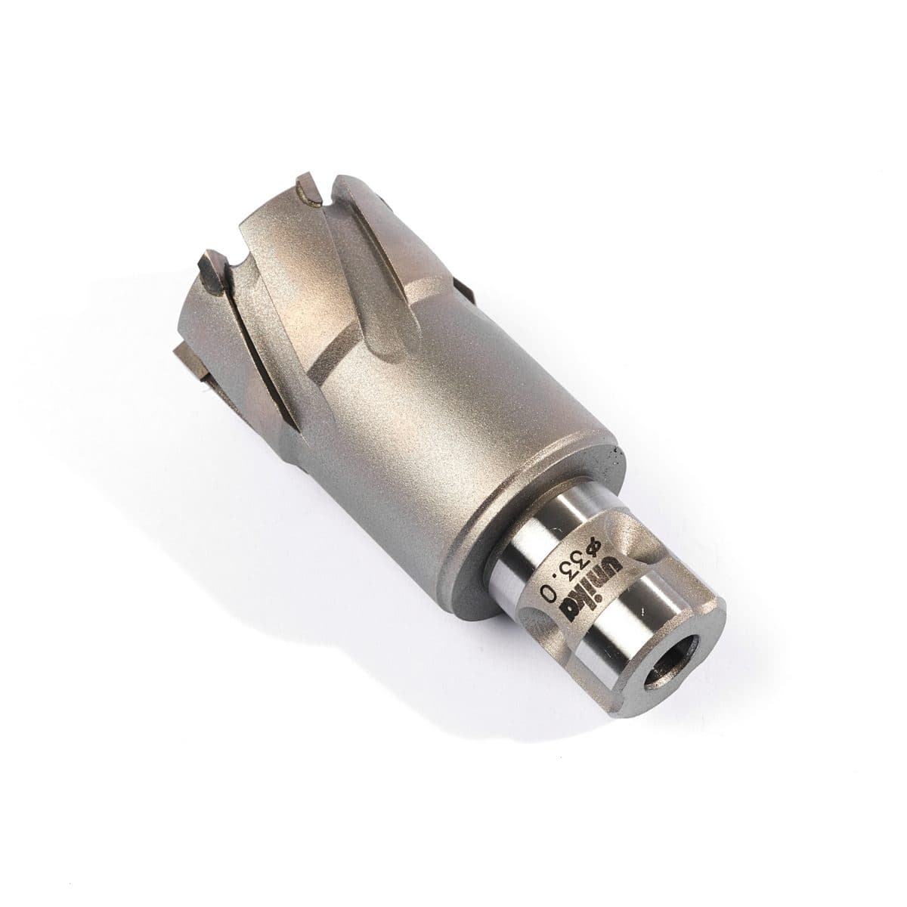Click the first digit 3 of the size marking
point(583,557)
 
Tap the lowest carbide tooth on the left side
point(193,355)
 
